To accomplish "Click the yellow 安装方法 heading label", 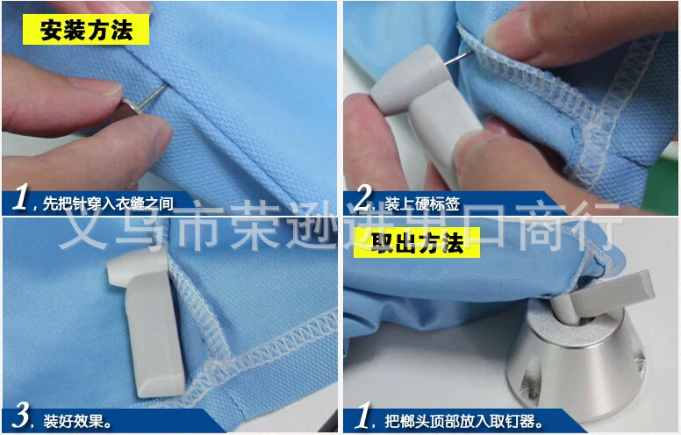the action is coord(86,30).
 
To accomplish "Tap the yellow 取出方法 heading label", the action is coord(417,243).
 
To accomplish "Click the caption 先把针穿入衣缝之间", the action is coord(108,203).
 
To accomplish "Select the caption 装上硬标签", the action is coord(422,203).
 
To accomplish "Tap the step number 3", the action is coord(21,415).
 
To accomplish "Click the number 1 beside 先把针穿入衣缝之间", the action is coord(20,196).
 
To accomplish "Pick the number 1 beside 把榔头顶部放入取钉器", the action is coord(363,415).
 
